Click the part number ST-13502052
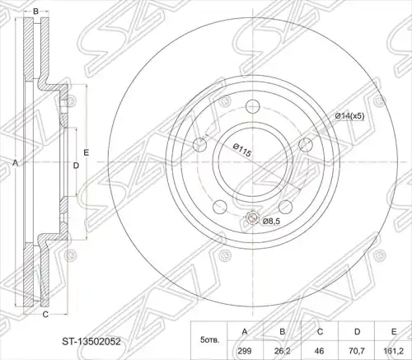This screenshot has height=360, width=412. click(x=91, y=342)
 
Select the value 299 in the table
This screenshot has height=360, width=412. click(x=245, y=351)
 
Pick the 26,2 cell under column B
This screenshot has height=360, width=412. click(x=283, y=351)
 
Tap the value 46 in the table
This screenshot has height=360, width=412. click(x=320, y=351)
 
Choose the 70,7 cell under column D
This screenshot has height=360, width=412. click(x=357, y=351)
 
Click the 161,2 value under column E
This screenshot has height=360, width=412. click(x=394, y=351)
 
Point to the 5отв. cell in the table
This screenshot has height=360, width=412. click(x=210, y=341)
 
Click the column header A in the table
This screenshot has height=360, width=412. click(x=245, y=332)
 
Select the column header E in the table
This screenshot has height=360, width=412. click(x=394, y=332)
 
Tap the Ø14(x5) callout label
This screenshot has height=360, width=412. click(x=349, y=116)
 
